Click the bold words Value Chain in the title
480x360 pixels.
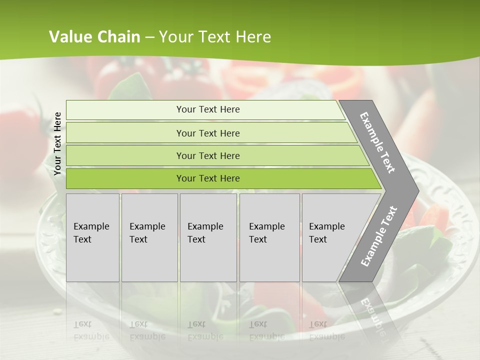[94, 37]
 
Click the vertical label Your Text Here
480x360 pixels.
[57, 143]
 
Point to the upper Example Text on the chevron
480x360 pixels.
[377, 142]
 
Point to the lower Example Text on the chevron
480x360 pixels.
[379, 236]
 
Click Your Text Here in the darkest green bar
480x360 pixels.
[208, 178]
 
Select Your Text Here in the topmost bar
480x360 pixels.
[208, 109]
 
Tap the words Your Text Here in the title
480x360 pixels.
[215, 37]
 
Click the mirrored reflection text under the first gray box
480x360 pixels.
[91, 330]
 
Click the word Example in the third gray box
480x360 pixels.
[205, 226]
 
